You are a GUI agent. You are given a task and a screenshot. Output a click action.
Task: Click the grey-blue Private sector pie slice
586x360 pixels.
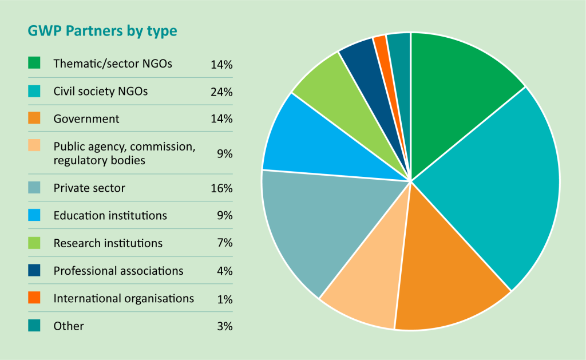(315, 223)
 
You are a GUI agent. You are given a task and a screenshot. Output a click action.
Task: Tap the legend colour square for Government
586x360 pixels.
(34, 118)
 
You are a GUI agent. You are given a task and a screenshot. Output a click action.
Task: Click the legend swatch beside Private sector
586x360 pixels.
(34, 188)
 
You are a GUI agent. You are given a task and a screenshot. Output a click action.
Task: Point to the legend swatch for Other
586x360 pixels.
(34, 326)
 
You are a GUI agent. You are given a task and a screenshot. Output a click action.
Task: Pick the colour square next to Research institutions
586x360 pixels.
(34, 243)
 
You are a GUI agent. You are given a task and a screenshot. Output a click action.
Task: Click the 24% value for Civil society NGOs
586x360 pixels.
(221, 92)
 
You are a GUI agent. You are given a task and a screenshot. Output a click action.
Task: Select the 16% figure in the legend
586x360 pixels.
(221, 188)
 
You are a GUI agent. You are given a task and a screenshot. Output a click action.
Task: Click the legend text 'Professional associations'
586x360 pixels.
(118, 271)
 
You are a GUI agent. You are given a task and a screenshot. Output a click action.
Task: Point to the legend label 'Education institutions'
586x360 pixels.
(110, 216)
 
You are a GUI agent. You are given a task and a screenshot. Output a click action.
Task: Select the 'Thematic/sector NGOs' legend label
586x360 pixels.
(113, 64)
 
